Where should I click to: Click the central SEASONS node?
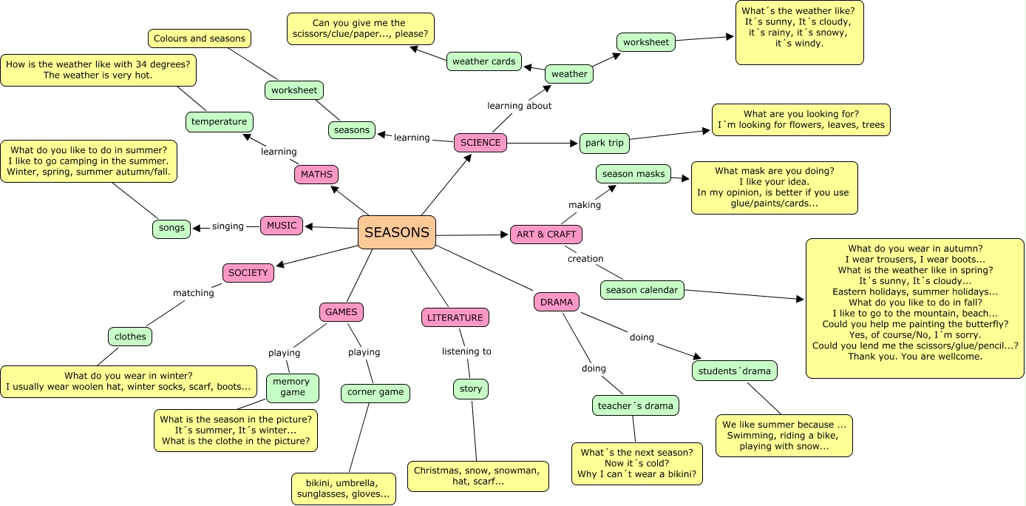coord(397,232)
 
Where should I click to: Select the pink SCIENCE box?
coord(480,143)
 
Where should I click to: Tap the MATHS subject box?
coord(316,175)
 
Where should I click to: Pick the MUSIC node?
coord(282,226)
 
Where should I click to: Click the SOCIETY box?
coord(248,273)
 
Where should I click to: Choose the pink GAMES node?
coord(342,312)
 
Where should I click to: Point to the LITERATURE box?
coord(455,318)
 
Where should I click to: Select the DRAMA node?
coord(557,302)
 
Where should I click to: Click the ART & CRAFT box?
coord(546,235)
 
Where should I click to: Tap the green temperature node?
coord(219,122)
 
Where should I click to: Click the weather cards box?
coord(484,61)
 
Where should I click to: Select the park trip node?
coord(604,144)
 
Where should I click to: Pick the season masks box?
coord(633,175)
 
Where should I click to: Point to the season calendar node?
coord(642,290)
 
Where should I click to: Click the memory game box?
coord(293,388)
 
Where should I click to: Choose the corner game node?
coord(376,393)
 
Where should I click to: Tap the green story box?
coord(471,389)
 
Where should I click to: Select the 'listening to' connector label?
coord(466,351)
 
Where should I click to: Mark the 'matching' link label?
coord(194,293)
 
